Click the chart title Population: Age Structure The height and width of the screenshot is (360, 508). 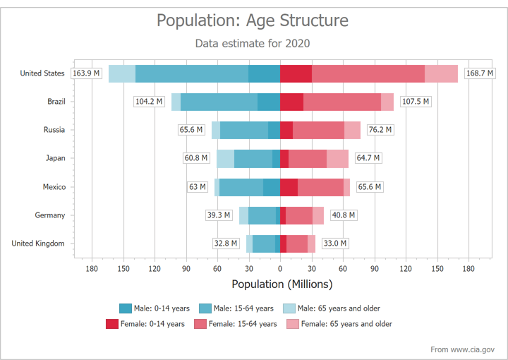253,20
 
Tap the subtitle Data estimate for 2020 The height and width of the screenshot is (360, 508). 253,43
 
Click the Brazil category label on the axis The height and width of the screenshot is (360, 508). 56,102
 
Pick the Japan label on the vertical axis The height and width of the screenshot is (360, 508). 56,158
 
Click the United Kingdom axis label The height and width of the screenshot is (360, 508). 38,244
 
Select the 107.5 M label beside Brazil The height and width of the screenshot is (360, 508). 416,102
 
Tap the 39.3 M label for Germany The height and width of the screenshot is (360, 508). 218,215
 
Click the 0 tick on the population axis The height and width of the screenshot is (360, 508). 280,268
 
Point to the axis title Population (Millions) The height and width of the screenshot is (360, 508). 282,284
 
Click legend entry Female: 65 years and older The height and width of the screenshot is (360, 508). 339,324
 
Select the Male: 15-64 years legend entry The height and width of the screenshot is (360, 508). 236,308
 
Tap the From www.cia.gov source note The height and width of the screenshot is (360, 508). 463,349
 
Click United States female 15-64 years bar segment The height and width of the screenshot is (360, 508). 368,73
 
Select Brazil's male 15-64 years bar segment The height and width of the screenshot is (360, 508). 219,102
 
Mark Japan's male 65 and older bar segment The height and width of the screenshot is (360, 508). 225,158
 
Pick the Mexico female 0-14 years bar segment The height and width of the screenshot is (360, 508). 289,187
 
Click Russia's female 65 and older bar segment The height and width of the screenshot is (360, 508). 352,130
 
